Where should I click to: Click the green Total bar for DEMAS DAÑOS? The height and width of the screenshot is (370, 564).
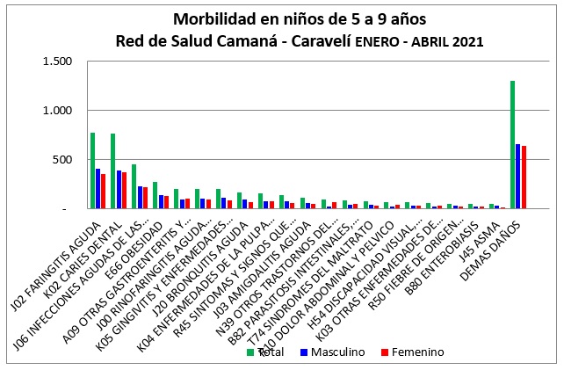click(x=512, y=145)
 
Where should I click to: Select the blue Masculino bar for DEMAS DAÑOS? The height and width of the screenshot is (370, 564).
click(x=517, y=177)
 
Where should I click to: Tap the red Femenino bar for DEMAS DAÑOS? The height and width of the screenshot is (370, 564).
click(x=524, y=178)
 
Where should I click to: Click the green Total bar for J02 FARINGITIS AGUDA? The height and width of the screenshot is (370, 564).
click(x=92, y=170)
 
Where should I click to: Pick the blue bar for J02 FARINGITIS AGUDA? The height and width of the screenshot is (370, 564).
click(x=98, y=189)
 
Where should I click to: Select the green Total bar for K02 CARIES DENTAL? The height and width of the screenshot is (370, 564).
click(x=113, y=171)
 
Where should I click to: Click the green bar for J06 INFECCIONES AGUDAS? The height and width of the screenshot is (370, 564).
click(x=134, y=186)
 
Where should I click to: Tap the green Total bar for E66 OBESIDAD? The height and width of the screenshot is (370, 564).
click(x=155, y=195)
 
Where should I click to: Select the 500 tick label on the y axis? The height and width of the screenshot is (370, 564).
click(x=73, y=160)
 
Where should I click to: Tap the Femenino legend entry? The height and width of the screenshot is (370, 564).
click(x=413, y=352)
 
